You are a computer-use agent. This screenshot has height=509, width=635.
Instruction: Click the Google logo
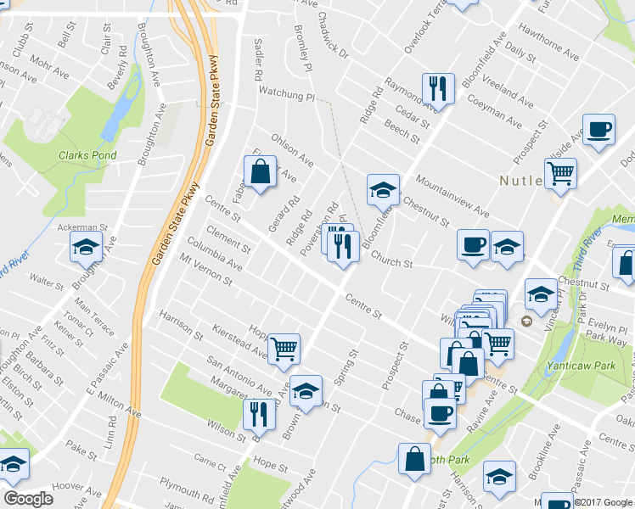[x=28, y=499]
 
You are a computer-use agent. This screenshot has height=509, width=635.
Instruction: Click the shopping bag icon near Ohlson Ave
[x=261, y=171]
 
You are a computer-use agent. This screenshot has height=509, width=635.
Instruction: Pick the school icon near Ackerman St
[x=86, y=247]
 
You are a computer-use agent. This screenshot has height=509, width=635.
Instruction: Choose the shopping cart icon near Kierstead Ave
[x=284, y=348]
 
